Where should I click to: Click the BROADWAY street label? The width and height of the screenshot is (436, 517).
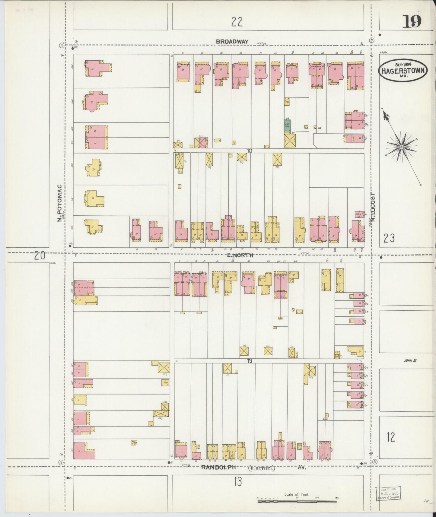232,42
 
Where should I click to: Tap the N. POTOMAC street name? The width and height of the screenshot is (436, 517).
60,203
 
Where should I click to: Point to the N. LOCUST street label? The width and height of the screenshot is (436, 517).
373,207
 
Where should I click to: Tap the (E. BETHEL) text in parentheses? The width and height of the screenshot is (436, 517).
261,476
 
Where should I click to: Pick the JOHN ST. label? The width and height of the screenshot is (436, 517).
410,360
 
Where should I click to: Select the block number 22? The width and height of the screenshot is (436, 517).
237,22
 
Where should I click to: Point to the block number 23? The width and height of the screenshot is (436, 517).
389,239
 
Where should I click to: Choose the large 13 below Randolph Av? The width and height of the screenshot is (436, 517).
237,490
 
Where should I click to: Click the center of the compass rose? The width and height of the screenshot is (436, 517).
402,147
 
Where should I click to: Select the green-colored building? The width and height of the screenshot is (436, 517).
287,125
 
